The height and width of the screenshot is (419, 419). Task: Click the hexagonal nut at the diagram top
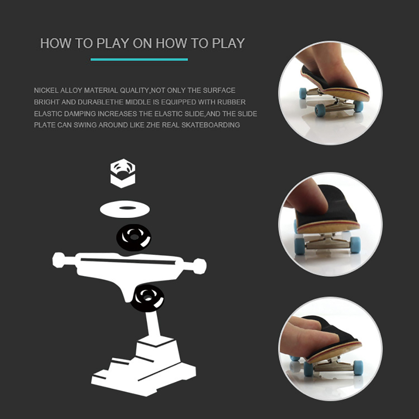pos(123,173)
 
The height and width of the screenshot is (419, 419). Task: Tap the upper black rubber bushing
pos(134,237)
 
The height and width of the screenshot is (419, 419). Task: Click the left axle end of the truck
pos(59,260)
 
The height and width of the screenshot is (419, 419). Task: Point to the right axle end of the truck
pos(199,266)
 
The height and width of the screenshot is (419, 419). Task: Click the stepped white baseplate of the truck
pos(143,366)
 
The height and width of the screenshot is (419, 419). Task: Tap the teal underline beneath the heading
pos(139,59)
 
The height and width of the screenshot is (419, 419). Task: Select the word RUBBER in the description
pos(231,102)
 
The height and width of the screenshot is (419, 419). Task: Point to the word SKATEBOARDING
pos(211,125)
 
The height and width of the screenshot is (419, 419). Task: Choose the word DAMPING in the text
pos(80,114)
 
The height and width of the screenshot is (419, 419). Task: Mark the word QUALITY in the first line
pos(134,90)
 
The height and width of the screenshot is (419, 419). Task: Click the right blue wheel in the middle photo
pos(355,245)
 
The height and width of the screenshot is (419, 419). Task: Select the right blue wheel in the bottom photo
pos(358,368)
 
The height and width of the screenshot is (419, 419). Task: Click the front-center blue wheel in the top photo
pos(320,110)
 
